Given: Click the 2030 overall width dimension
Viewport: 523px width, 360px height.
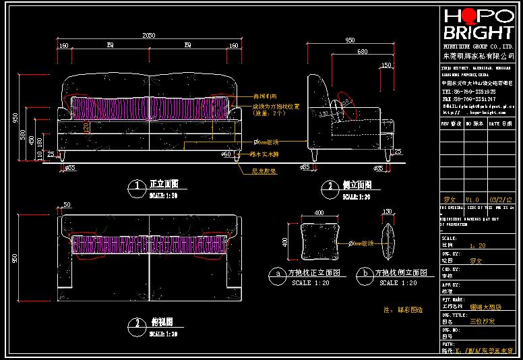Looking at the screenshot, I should coord(149,35).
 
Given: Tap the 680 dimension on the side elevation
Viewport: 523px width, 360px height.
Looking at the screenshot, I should coord(362,52).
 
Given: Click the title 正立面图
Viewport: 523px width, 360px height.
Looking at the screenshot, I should coord(162,183).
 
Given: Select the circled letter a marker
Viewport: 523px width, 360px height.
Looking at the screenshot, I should coord(276,273).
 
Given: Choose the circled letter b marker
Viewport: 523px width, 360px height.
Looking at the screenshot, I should coord(364,273).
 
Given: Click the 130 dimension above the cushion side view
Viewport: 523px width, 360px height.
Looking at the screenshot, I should coord(387,212).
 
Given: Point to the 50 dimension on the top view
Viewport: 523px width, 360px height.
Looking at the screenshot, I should coord(67,204).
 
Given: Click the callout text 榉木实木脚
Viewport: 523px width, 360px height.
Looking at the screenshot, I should coord(264,154).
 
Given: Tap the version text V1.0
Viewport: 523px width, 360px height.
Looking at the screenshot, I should coord(472,200).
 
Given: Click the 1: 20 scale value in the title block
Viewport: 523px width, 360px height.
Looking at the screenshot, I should coord(477,246).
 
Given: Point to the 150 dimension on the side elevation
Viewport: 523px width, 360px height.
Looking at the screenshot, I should coord(386,65).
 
